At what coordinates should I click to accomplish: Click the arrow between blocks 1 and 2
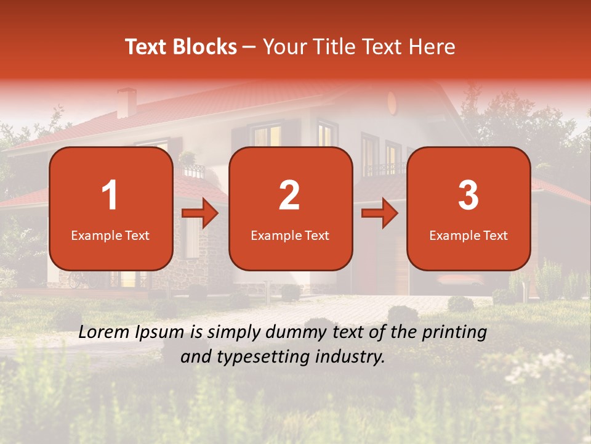tap(201, 213)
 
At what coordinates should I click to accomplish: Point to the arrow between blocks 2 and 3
tap(380, 213)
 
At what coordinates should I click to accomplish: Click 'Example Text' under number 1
tap(110, 235)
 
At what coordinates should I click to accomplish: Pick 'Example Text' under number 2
tap(290, 235)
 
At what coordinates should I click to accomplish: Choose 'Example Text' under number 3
tap(468, 235)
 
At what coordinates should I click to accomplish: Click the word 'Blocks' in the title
tap(205, 47)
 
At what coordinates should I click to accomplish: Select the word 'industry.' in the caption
tap(351, 356)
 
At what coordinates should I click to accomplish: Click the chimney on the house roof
tap(127, 102)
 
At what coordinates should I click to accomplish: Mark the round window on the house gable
tap(392, 101)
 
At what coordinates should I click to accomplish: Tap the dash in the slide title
tap(249, 47)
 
